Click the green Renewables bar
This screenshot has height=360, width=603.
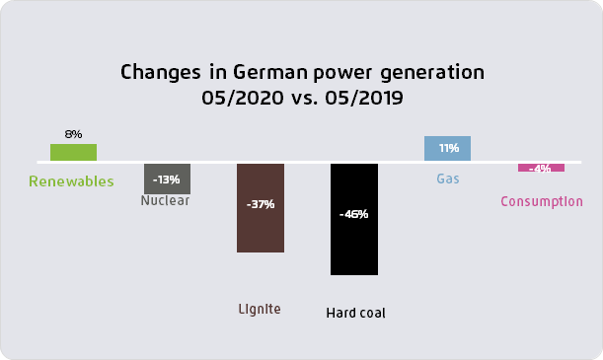73,152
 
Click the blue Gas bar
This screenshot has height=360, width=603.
447,148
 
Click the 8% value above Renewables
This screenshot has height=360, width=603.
73,133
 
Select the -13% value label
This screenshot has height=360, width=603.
167,180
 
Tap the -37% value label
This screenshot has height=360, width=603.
261,204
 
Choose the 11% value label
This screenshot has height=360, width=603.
448,148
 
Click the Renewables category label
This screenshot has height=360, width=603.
71,181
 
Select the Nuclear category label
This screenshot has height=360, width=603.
165,200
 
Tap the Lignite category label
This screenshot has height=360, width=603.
260,309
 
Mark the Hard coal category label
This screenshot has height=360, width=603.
355,314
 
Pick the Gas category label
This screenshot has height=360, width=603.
448,180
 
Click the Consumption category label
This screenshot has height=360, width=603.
542,201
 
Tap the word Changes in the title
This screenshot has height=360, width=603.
156,73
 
